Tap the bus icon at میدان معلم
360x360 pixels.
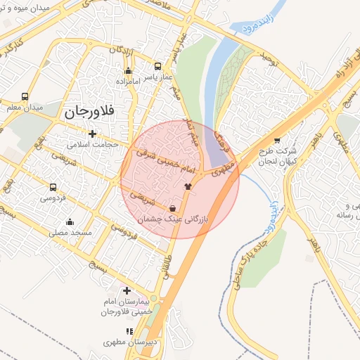tap(25, 97)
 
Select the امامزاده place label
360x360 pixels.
tap(127, 82)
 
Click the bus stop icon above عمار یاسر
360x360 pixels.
tap(157, 67)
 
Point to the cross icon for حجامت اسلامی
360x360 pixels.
tap(91, 134)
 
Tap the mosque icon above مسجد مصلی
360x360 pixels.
tap(70, 222)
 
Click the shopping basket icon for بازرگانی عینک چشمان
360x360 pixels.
tap(173, 208)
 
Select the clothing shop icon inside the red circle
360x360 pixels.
tap(187, 186)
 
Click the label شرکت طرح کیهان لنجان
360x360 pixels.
tap(277, 155)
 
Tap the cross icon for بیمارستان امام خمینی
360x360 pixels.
tap(127, 290)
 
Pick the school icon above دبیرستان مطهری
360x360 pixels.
tap(128, 330)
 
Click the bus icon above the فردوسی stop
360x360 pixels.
tap(53, 188)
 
